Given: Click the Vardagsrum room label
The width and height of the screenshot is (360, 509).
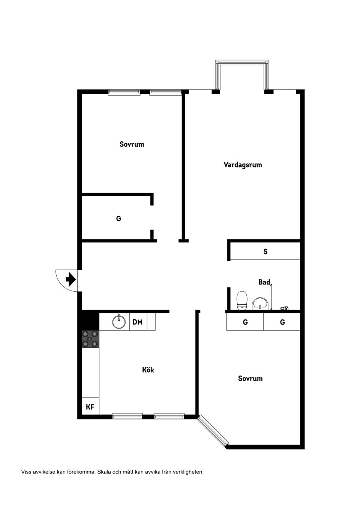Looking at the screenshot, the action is pos(243,165).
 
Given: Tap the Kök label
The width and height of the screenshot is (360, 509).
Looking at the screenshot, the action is pos(148,370).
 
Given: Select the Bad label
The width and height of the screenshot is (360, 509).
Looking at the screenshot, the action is pos(264,282).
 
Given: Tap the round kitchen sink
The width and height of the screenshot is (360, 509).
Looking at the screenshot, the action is pos(119,322).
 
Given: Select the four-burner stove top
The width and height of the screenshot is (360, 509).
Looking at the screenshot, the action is pos(90,339).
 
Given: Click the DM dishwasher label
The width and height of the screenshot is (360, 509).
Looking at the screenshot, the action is pos(138,322).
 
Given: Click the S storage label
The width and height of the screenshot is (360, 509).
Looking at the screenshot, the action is pos(265,252).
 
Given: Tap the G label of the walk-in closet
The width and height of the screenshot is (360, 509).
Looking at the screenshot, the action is pos(118,219).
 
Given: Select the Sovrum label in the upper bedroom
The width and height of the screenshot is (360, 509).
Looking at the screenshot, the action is pos(132,144).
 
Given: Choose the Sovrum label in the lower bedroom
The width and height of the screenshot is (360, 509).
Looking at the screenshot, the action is pos(250,378).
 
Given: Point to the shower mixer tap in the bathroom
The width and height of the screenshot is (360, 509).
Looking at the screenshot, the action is pos(285,308).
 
